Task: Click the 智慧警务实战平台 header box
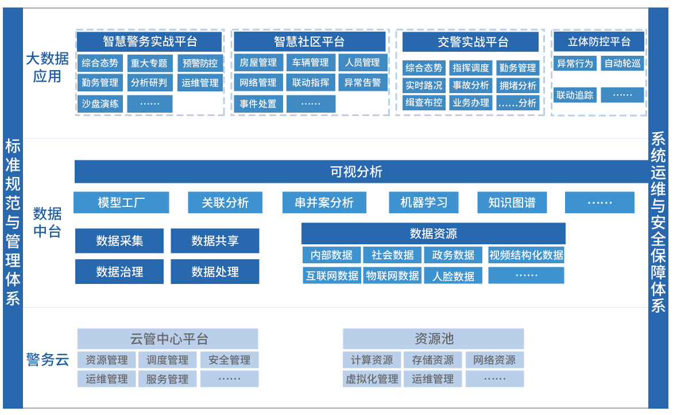click(149, 42)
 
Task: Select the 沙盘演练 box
click(100, 103)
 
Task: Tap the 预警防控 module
click(200, 63)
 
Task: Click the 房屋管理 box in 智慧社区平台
click(258, 63)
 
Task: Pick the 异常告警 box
click(362, 83)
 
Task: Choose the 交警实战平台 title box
click(470, 42)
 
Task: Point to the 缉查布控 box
click(424, 102)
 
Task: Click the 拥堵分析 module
click(517, 85)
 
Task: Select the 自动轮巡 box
click(622, 63)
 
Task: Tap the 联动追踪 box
click(575, 95)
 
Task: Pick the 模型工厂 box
click(121, 202)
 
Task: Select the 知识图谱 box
click(512, 202)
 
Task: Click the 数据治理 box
click(119, 271)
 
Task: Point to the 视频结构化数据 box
click(526, 255)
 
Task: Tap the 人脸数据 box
click(454, 276)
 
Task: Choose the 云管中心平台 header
click(168, 339)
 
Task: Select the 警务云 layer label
click(47, 360)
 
